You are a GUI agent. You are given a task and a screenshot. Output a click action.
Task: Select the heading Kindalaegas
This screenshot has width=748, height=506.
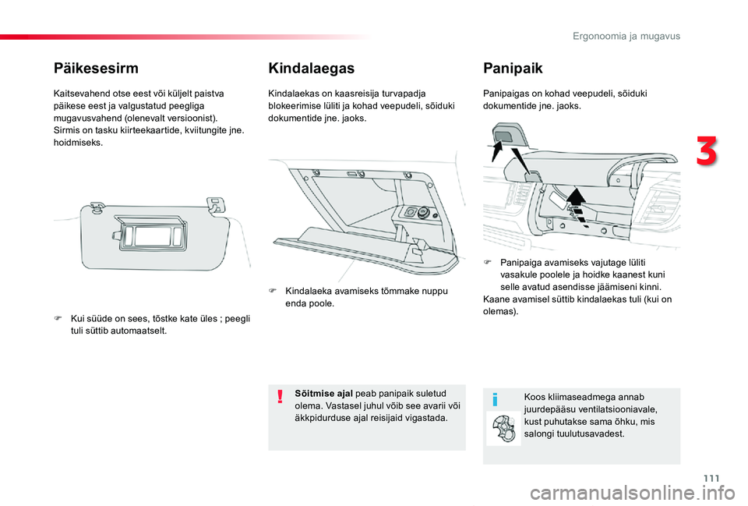coord(310,68)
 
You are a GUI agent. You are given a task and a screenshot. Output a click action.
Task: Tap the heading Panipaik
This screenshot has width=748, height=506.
coord(513,68)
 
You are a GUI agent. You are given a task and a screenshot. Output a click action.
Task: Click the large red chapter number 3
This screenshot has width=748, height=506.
coord(706,152)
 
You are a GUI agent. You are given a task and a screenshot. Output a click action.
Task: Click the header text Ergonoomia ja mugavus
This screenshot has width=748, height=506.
coord(626,36)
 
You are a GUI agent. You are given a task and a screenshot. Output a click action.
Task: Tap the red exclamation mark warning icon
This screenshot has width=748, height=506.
coord(280,398)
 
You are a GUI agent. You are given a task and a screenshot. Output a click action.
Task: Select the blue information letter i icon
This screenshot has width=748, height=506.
coord(494,399)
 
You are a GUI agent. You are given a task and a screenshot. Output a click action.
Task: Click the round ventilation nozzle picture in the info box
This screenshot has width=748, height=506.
coord(503,429)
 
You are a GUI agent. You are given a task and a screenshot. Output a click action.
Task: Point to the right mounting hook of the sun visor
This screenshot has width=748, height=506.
coord(214,203)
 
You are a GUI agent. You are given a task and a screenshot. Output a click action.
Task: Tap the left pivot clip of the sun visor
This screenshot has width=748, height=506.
coord(97,207)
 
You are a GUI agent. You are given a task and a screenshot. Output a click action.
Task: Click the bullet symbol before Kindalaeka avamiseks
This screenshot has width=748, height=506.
coord(273,291)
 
